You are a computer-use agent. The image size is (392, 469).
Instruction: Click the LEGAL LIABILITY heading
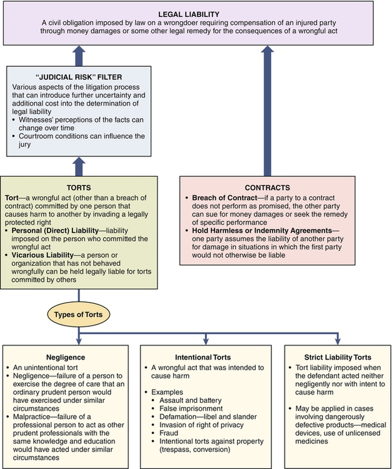pyautogui.click(x=196, y=13)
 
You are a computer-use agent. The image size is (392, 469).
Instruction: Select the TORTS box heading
pyautogui.click(x=78, y=187)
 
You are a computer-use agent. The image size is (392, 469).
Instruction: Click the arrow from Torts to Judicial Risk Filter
pyautogui.click(x=79, y=166)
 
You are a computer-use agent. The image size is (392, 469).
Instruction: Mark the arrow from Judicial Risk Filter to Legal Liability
pyautogui.click(x=79, y=55)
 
